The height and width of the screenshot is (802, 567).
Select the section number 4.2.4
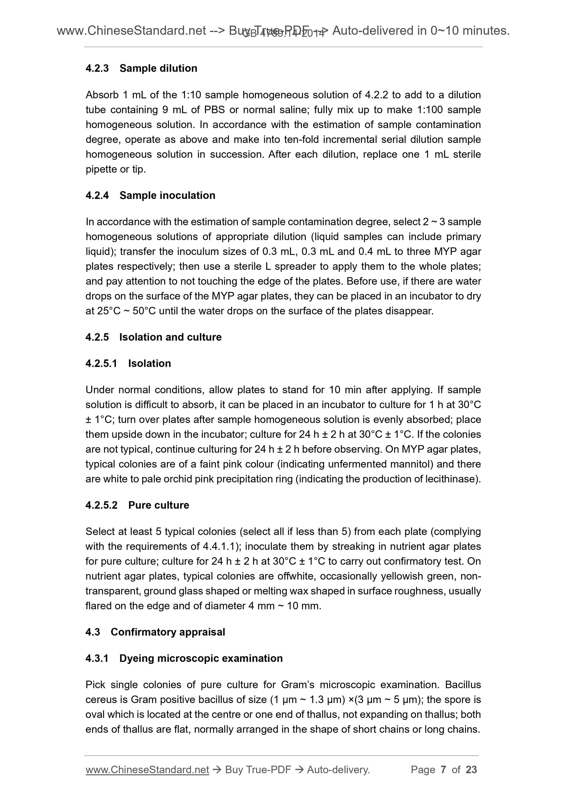click(x=97, y=195)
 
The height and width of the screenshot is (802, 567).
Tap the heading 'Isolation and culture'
click(x=170, y=337)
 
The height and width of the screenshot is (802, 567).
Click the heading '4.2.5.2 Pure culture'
click(x=137, y=505)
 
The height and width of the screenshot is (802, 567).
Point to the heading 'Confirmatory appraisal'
click(x=168, y=632)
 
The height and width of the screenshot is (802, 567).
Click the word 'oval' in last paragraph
click(x=95, y=714)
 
